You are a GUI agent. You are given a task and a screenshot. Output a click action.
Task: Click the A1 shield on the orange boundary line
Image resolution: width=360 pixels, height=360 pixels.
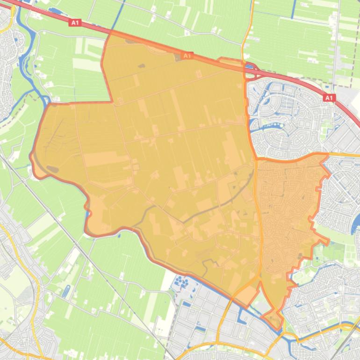[187, 56]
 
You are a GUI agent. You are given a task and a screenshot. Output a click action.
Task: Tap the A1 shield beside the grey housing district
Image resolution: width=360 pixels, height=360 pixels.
[329, 98]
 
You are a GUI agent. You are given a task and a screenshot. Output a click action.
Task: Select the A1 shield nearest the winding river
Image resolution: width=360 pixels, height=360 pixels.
[75, 22]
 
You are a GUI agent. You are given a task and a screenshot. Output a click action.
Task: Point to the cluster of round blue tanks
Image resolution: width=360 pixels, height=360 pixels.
[182, 282]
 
